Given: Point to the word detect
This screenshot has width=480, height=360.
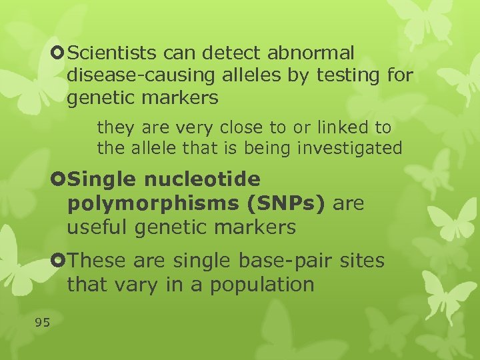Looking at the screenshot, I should tap(225, 52).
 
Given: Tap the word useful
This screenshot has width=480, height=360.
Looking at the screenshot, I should tap(97, 227).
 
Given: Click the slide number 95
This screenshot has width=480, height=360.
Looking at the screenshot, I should tap(42, 323).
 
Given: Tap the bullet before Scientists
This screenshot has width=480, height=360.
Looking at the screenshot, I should tap(59, 51).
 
